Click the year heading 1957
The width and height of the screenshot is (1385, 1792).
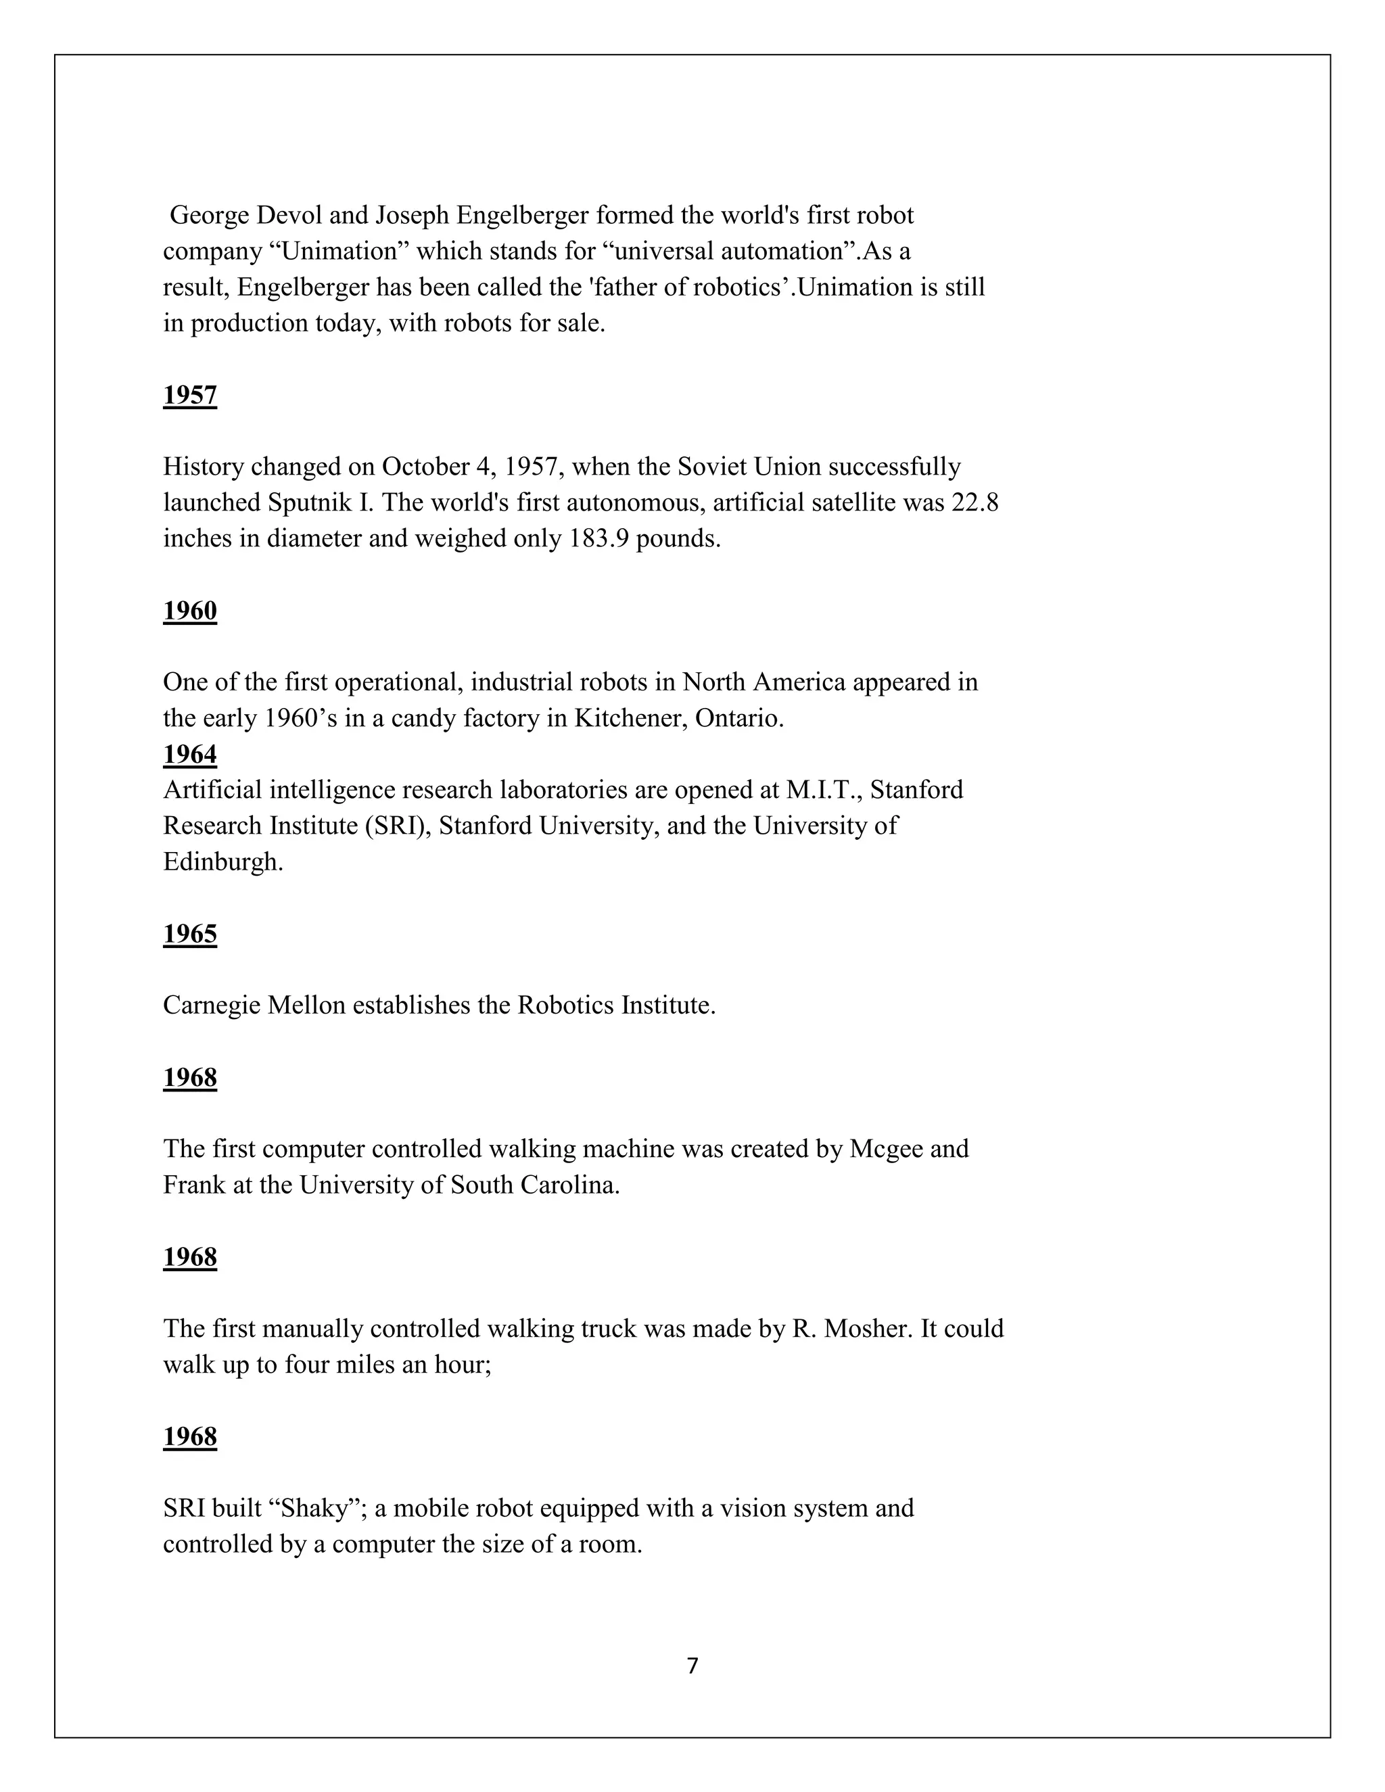(x=189, y=396)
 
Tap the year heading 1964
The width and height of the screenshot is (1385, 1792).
(x=189, y=753)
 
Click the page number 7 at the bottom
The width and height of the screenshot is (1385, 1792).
(x=692, y=1666)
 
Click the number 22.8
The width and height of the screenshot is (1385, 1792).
(x=975, y=502)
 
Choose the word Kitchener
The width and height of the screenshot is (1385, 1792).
(x=630, y=718)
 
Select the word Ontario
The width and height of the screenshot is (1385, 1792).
(x=739, y=718)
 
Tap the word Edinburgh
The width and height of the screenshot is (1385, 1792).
(x=222, y=862)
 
